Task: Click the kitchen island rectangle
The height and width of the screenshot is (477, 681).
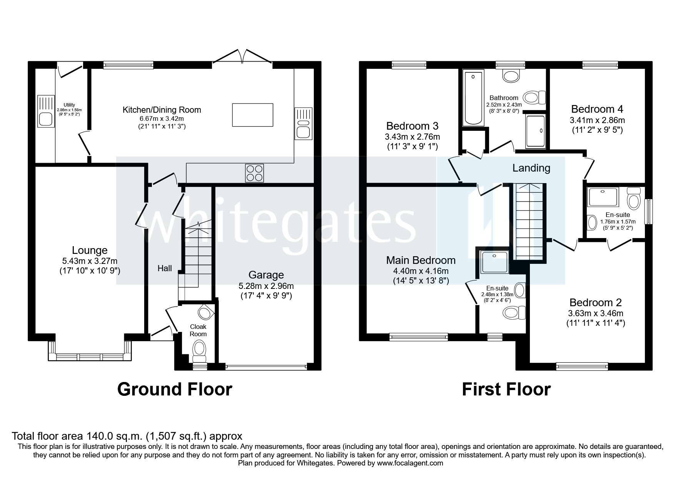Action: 252,115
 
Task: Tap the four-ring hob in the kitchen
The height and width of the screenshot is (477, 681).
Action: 255,173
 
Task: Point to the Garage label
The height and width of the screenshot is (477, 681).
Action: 266,275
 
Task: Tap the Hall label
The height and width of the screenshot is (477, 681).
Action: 165,268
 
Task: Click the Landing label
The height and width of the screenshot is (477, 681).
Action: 531,168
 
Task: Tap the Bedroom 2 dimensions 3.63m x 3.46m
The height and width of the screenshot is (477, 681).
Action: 595,314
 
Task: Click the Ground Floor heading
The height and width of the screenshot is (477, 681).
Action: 175,389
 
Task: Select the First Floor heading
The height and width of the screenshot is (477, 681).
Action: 506,389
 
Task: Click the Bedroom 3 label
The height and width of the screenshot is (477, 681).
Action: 412,126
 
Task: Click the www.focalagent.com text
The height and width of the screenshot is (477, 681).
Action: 410,463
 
